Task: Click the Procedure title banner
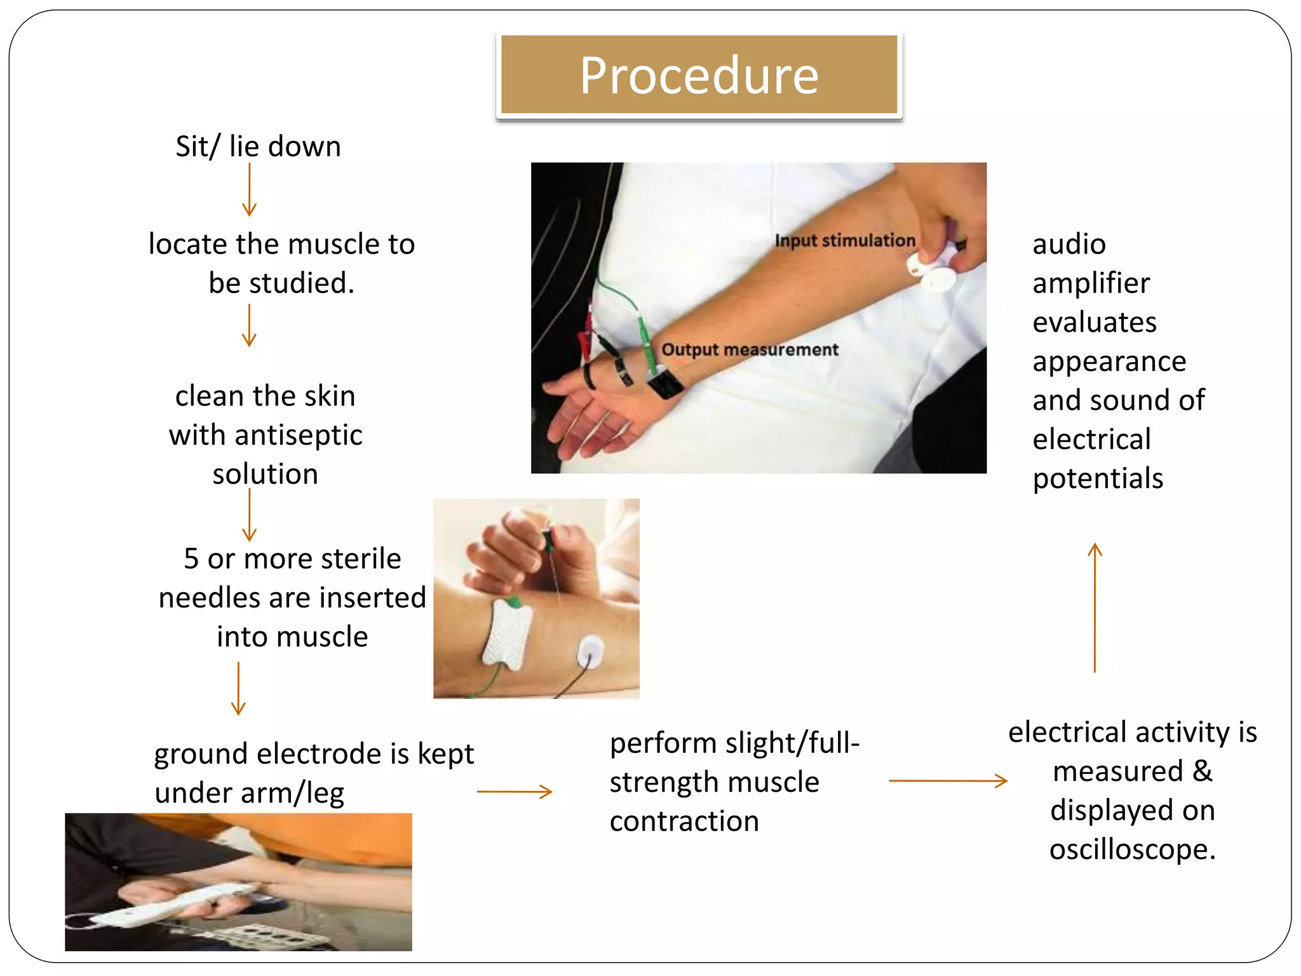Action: click(x=699, y=75)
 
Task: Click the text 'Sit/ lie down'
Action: click(x=258, y=147)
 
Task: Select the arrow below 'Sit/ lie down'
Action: click(x=249, y=189)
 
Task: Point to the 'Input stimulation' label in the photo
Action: click(x=845, y=241)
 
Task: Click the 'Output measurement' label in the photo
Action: click(x=750, y=349)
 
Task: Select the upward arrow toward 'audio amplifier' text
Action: click(x=1095, y=607)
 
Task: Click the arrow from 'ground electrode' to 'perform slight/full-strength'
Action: click(x=515, y=792)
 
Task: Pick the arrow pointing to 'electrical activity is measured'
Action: click(x=948, y=780)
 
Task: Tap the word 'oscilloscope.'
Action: click(x=1132, y=850)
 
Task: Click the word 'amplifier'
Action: click(x=1091, y=283)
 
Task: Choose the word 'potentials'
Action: click(x=1098, y=478)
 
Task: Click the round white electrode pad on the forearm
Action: click(x=590, y=651)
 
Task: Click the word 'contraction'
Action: click(x=684, y=822)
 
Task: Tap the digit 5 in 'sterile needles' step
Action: click(x=191, y=559)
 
